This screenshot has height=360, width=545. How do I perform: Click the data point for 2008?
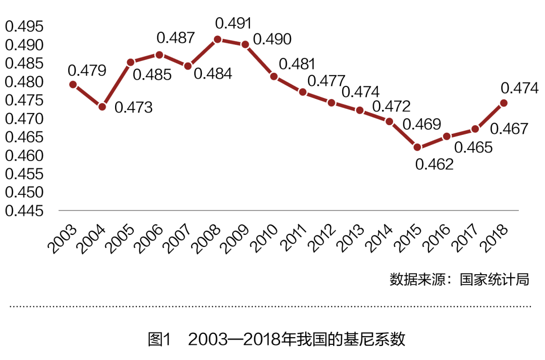[x=217, y=39]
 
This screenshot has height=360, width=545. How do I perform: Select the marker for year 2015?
[x=417, y=147]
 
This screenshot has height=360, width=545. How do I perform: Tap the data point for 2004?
[x=102, y=107]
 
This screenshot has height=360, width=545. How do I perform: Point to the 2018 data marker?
[x=503, y=103]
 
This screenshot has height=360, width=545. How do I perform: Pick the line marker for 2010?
[x=274, y=76]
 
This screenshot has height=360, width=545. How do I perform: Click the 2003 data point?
[x=73, y=84]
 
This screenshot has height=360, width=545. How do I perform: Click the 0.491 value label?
[x=233, y=23]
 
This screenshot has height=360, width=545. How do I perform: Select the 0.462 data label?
[x=434, y=164]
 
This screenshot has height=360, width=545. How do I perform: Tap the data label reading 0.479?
[x=87, y=70]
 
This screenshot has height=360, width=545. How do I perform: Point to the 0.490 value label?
[x=272, y=39]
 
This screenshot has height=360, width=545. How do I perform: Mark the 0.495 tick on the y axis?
[x=24, y=26]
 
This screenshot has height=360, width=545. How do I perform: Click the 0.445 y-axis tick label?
[x=24, y=211]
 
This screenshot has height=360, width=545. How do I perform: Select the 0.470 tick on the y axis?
[x=24, y=119]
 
